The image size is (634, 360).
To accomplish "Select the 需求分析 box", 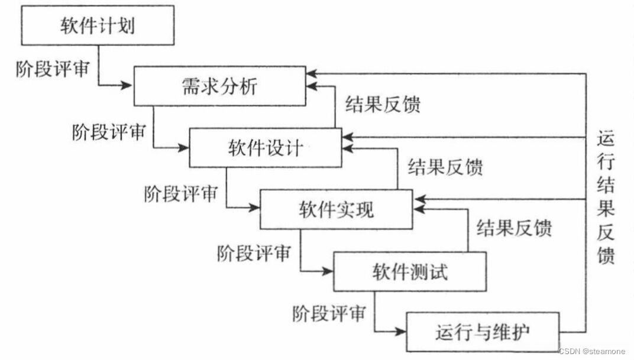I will tap(218, 87).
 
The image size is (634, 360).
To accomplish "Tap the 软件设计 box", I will tap(265, 148).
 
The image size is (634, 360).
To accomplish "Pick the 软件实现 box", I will tap(336, 209).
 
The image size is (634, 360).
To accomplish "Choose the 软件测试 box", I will tap(410, 271).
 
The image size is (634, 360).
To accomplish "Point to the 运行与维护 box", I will tap(481, 332).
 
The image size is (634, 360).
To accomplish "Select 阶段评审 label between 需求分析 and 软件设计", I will tap(109, 131).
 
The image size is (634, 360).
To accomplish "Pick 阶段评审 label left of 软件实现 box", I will tap(181, 193).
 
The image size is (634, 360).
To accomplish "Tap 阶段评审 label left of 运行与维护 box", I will tap(328, 313).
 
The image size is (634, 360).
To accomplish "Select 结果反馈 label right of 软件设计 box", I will tap(445, 166).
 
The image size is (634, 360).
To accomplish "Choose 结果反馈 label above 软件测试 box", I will tap(514, 228).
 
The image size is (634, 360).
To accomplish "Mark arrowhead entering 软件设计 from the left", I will tap(183, 148).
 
